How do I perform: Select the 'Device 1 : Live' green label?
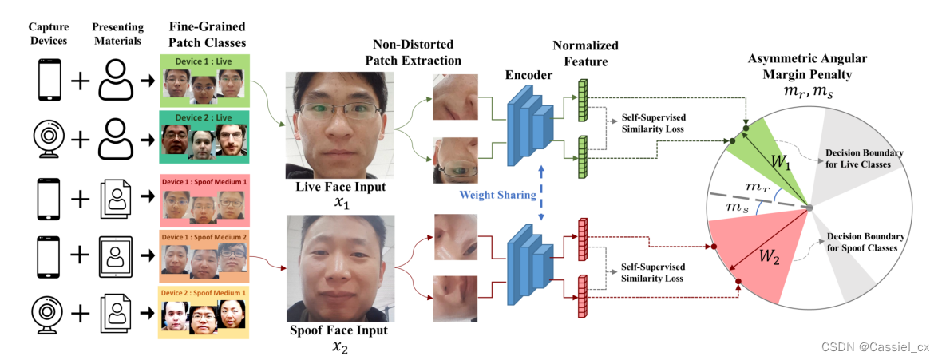click(x=204, y=61)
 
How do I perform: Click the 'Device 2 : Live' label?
click(x=204, y=118)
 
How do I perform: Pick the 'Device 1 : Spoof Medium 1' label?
click(x=204, y=181)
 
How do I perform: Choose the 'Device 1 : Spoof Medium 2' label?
click(x=204, y=237)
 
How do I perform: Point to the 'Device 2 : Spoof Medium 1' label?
click(x=204, y=293)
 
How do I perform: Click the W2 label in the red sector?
click(x=770, y=258)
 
